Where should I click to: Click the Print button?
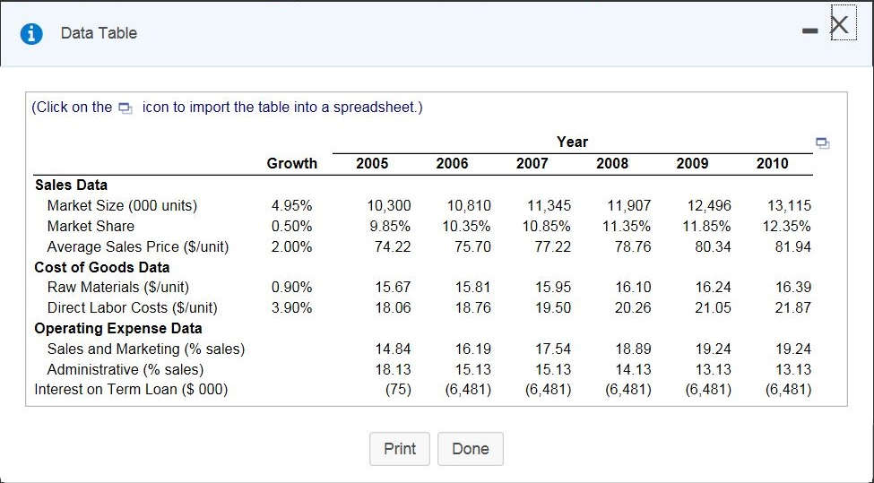pos(400,449)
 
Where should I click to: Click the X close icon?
pos(839,24)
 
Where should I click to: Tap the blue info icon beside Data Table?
pos(32,33)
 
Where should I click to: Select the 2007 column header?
pos(532,163)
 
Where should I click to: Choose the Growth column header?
pos(291,163)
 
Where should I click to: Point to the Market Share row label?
pos(91,226)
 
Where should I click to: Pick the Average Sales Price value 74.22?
pos(393,246)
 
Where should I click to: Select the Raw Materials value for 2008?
pos(633,288)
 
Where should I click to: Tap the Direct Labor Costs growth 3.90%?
pos(291,308)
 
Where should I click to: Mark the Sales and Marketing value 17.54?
pos(553,349)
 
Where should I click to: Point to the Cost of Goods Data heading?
pos(101,267)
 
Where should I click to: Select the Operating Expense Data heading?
pos(118,328)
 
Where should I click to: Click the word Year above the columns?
pos(572,142)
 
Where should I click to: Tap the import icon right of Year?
pos(822,143)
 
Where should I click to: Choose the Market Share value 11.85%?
pos(706,226)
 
